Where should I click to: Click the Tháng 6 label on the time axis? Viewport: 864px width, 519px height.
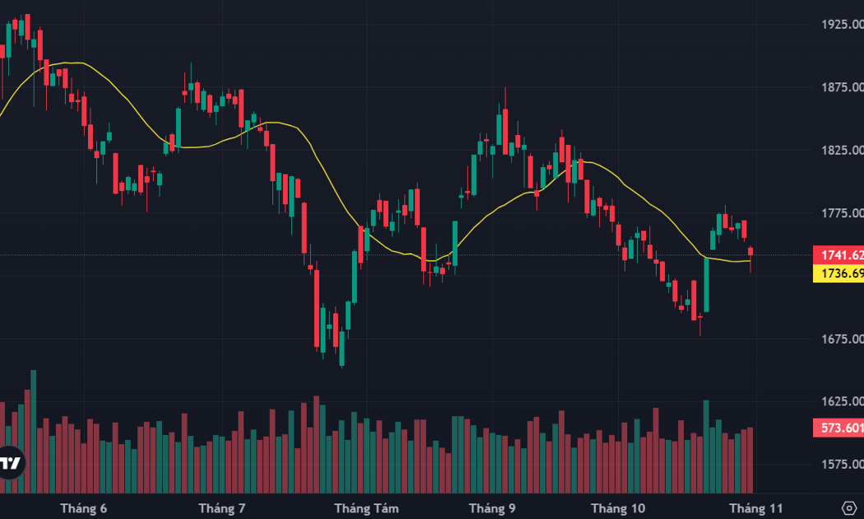pos(84,508)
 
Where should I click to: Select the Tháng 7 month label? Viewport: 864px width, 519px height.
pos(221,508)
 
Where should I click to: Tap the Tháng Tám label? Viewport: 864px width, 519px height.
pos(366,508)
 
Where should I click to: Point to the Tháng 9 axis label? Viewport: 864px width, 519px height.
pos(492,508)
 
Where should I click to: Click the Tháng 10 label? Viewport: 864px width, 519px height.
pos(618,508)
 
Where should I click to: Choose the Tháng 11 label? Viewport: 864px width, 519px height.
pos(755,508)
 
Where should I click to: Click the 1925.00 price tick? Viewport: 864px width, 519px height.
pos(843,24)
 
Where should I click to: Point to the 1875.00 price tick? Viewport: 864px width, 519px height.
pos(843,87)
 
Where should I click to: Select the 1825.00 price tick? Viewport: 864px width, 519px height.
pos(843,150)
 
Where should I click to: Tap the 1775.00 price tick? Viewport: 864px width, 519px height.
pos(843,213)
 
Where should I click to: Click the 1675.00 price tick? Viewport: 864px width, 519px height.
pos(843,339)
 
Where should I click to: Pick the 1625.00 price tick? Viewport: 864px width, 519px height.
pos(843,401)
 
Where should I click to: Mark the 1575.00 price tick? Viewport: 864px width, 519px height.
pos(843,465)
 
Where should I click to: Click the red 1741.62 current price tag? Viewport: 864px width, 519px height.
pos(838,255)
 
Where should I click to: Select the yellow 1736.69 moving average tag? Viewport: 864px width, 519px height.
pos(838,274)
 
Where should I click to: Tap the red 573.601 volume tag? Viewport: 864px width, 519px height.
pos(838,428)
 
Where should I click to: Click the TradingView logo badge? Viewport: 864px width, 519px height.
pos(11,463)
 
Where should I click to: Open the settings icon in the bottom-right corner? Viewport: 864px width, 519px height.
pos(849,508)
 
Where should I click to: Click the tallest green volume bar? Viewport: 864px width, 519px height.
pos(34,432)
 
